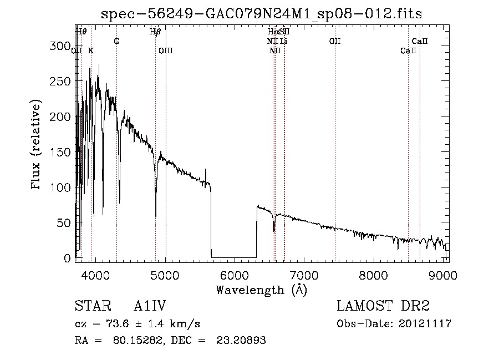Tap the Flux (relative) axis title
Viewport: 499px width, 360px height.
[37, 145]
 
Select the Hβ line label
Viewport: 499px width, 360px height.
[155, 32]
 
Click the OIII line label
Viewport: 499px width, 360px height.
[166, 51]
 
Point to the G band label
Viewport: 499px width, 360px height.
[116, 42]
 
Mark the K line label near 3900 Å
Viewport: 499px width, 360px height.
[91, 51]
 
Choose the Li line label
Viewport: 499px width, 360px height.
[283, 42]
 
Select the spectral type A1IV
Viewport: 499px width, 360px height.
[150, 307]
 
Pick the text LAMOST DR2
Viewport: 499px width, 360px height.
[383, 307]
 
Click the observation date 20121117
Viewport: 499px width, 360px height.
[425, 324]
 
